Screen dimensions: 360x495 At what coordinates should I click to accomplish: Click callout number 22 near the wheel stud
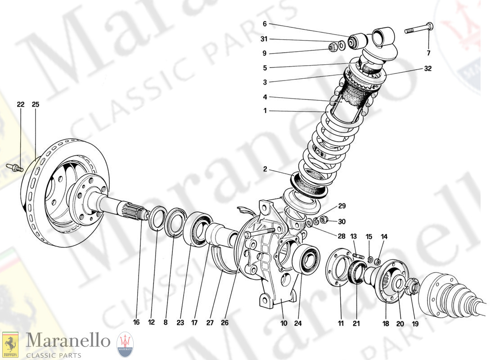pyautogui.click(x=20, y=104)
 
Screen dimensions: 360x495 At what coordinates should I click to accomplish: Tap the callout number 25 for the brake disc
pyautogui.click(x=36, y=104)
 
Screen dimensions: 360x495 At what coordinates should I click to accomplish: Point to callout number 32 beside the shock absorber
pyautogui.click(x=427, y=69)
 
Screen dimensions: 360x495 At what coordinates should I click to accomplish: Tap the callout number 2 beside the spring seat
pyautogui.click(x=265, y=169)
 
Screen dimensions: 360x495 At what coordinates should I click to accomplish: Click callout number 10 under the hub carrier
pyautogui.click(x=283, y=323)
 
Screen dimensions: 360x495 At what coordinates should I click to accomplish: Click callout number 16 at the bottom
pyautogui.click(x=137, y=323)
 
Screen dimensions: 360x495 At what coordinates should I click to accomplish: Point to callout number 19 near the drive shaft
pyautogui.click(x=415, y=323)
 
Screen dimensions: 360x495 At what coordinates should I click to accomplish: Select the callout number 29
pyautogui.click(x=342, y=206)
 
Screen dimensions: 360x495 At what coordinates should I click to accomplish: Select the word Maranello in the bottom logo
pyautogui.click(x=67, y=341)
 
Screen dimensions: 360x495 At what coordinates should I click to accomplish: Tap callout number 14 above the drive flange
pyautogui.click(x=384, y=236)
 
